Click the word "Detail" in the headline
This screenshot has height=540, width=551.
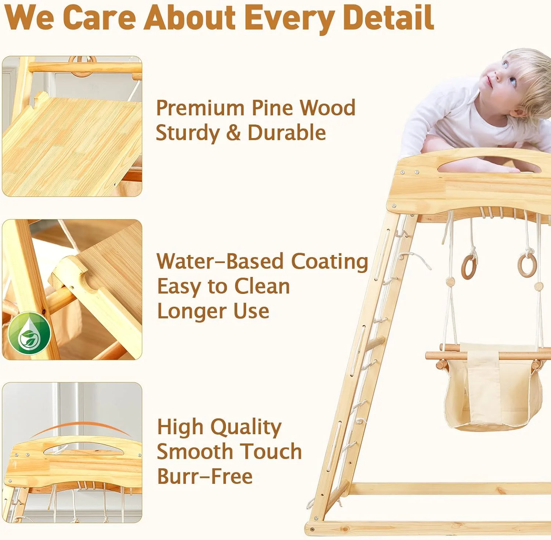pyautogui.click(x=388, y=17)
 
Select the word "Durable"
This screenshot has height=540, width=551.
pyautogui.click(x=287, y=133)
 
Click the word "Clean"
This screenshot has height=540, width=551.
pyautogui.click(x=262, y=287)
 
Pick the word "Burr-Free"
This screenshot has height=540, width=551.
pyautogui.click(x=205, y=476)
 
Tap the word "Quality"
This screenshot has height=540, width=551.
pyautogui.click(x=246, y=427)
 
